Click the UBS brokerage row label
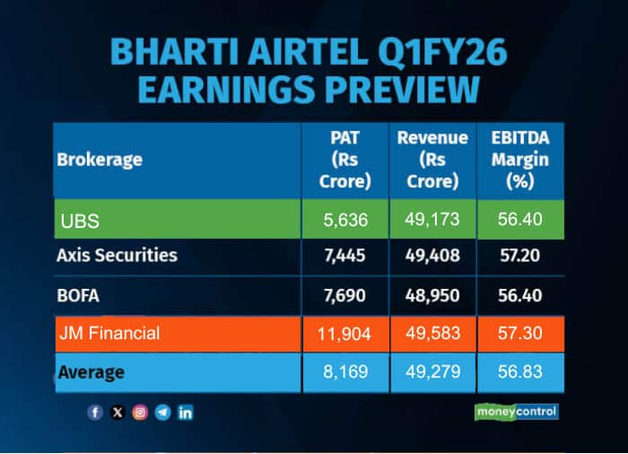[x=80, y=220]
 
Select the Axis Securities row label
[x=117, y=255]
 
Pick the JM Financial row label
[x=109, y=333]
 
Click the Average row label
[x=91, y=371]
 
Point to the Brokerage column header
[x=100, y=160]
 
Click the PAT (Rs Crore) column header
[x=345, y=160]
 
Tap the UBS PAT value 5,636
[x=345, y=220]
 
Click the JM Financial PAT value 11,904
[x=345, y=334]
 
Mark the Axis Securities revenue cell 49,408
[x=433, y=256]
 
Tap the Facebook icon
[x=95, y=413]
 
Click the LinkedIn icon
[x=186, y=413]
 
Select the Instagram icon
[x=140, y=413]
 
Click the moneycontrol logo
[x=516, y=412]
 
